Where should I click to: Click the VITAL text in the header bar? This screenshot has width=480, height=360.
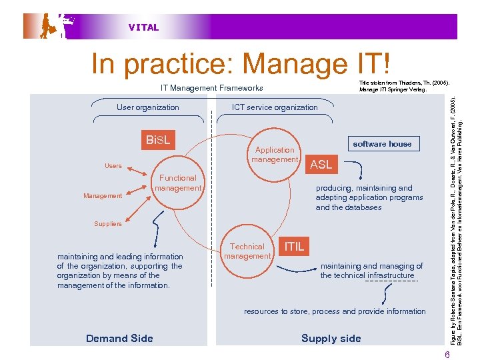click(143, 27)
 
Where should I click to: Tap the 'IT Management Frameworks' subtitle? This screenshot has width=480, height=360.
click(211, 88)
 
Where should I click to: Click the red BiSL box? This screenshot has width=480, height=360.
click(158, 141)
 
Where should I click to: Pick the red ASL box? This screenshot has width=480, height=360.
click(321, 165)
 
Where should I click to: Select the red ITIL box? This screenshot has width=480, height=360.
click(294, 247)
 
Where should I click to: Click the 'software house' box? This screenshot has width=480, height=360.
click(382, 144)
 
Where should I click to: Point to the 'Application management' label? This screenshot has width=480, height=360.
click(274, 155)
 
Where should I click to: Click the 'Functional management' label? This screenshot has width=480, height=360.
click(177, 183)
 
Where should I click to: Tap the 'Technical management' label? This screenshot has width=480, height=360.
click(247, 251)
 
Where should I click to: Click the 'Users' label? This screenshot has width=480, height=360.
click(113, 166)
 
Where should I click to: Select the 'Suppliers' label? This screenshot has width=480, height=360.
click(107, 224)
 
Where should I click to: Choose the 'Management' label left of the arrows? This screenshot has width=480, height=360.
click(103, 196)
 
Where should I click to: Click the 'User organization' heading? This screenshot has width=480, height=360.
click(147, 107)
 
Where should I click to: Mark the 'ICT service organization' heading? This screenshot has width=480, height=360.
click(275, 107)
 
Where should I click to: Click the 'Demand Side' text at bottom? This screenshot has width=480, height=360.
click(119, 339)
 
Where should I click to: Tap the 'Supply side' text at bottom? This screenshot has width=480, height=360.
click(331, 339)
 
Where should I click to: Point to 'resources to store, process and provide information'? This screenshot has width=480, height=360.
click(335, 311)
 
